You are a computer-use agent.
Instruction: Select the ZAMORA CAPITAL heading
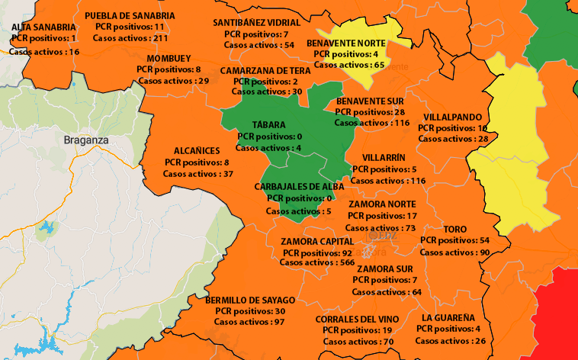[x=316, y=241]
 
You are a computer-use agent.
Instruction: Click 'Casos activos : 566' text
[x=316, y=262]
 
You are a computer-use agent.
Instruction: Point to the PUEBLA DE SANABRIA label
[x=130, y=15]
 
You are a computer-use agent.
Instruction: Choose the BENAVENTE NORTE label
[x=346, y=43]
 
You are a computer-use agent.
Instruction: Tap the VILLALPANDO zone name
[x=453, y=117]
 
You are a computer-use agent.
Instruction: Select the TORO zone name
[x=454, y=229]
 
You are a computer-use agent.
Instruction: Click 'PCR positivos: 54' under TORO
[x=454, y=240]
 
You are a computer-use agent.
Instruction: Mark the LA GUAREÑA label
[x=448, y=317]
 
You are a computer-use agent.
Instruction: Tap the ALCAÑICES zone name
[x=197, y=151]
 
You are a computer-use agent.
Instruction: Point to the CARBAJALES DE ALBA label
[x=299, y=186]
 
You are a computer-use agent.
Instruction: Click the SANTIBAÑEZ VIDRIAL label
[x=256, y=23]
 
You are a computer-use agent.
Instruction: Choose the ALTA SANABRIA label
[x=43, y=27]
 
